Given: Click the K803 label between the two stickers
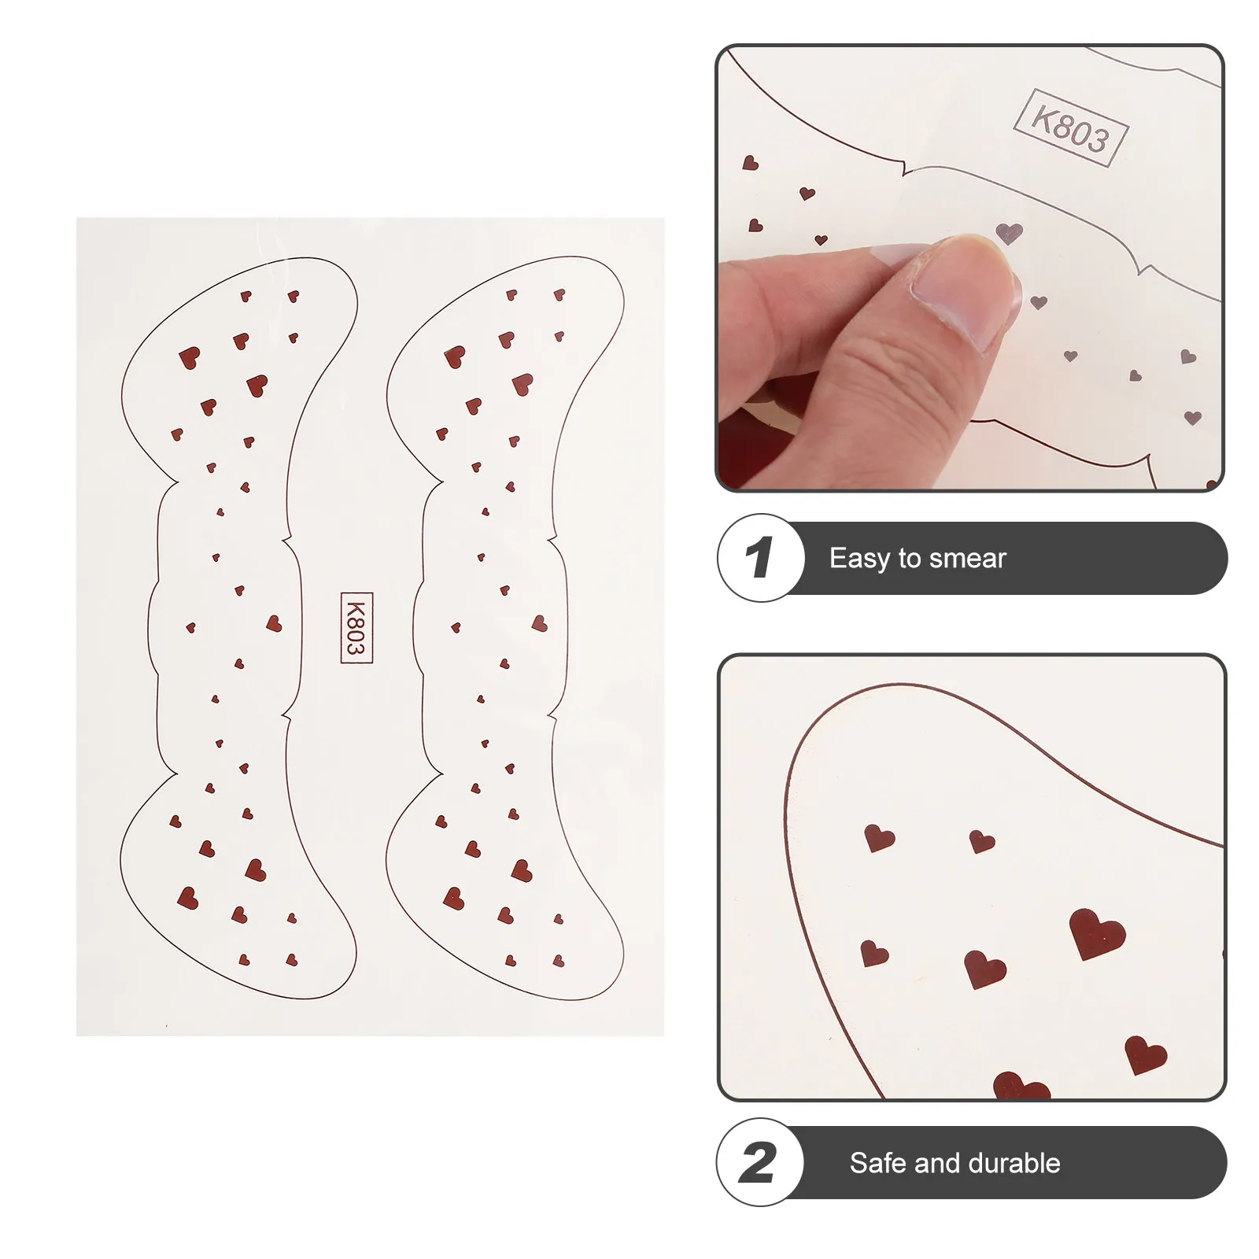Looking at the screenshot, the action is (356, 627).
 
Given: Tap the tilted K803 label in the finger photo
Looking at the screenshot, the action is (1071, 127).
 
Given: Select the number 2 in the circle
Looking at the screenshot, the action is (758, 1163).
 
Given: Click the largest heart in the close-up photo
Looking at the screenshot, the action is (1097, 933).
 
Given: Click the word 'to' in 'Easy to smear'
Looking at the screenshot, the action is (909, 559).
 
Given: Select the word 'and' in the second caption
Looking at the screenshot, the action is (938, 1163).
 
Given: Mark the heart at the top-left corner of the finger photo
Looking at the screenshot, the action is (751, 163).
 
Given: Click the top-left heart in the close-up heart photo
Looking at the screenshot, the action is (878, 837).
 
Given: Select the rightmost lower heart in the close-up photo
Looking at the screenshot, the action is (1145, 1054).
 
